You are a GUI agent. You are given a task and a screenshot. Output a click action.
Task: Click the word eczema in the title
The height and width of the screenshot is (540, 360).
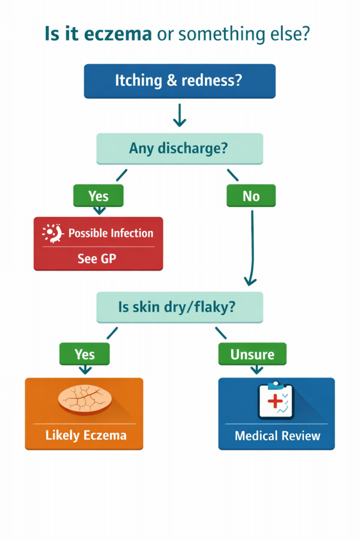click(123, 35)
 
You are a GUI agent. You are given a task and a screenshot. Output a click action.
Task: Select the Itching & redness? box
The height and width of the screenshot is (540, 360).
click(179, 81)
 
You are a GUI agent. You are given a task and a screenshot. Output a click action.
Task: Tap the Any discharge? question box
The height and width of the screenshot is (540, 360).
click(179, 148)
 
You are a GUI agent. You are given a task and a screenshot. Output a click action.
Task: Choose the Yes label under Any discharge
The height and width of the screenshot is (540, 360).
click(98, 196)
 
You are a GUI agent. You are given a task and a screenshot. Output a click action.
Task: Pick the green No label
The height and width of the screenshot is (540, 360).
click(251, 196)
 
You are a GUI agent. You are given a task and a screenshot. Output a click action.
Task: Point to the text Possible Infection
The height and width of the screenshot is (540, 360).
click(111, 233)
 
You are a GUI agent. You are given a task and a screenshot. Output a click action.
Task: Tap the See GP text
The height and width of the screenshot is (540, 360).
click(98, 259)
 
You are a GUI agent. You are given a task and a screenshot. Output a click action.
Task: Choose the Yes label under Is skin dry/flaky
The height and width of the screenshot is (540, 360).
click(84, 354)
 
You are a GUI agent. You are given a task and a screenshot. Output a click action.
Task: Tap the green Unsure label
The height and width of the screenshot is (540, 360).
click(252, 354)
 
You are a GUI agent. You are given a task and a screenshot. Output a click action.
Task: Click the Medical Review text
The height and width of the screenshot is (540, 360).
click(277, 436)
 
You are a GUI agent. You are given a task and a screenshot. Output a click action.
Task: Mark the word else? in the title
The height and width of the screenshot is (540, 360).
click(293, 35)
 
